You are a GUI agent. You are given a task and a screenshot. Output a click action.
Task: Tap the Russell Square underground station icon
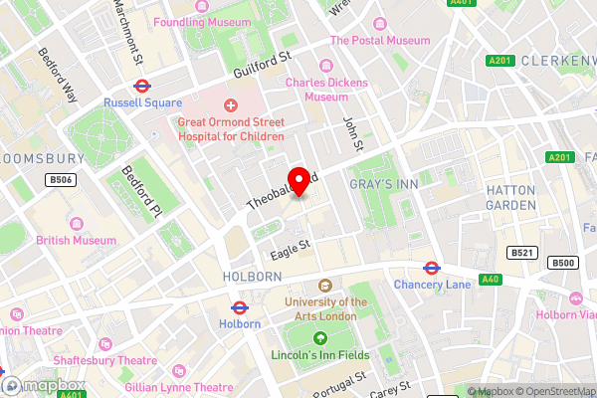click(142, 86)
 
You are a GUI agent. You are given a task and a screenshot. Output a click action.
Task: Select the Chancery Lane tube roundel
click(431, 267)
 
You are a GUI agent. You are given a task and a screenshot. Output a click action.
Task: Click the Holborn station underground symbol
click(239, 307)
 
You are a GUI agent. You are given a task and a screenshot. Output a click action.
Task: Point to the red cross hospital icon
click(231, 105)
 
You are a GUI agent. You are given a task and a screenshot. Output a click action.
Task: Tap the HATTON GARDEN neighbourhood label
click(510, 197)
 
